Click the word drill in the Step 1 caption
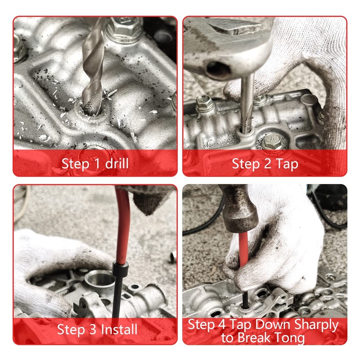pyautogui.click(x=117, y=164)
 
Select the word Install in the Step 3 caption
pyautogui.click(x=119, y=329)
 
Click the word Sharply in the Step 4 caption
pyautogui.click(x=316, y=324)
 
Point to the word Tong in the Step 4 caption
pyautogui.click(x=291, y=338)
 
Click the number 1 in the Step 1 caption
pyautogui.click(x=97, y=164)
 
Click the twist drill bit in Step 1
pyautogui.click(x=94, y=67)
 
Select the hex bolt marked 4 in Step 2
pyautogui.click(x=273, y=140)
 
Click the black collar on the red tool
pyautogui.click(x=120, y=269)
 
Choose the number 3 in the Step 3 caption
pyautogui.click(x=93, y=329)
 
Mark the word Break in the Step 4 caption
pyautogui.click(x=256, y=338)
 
